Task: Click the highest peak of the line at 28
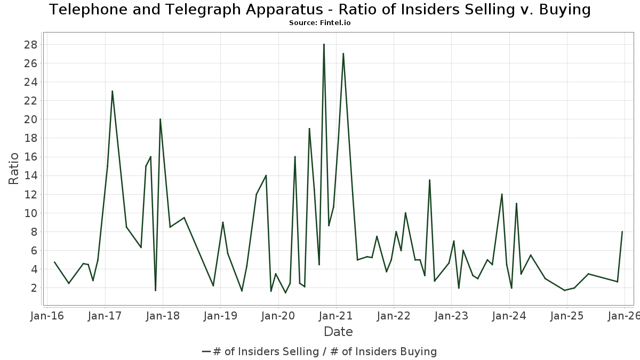(324, 44)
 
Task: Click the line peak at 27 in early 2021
(343, 53)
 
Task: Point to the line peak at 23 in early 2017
(112, 91)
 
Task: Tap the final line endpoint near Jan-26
(622, 231)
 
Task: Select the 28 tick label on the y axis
(30, 44)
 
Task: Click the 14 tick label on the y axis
(30, 175)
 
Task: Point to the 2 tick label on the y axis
(34, 288)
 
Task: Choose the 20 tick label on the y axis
(30, 119)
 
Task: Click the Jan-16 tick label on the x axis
(47, 316)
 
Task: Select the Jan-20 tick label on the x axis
(278, 316)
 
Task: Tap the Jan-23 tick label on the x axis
(451, 316)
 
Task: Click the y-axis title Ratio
(14, 169)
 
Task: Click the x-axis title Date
(338, 332)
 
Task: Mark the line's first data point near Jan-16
(54, 262)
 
